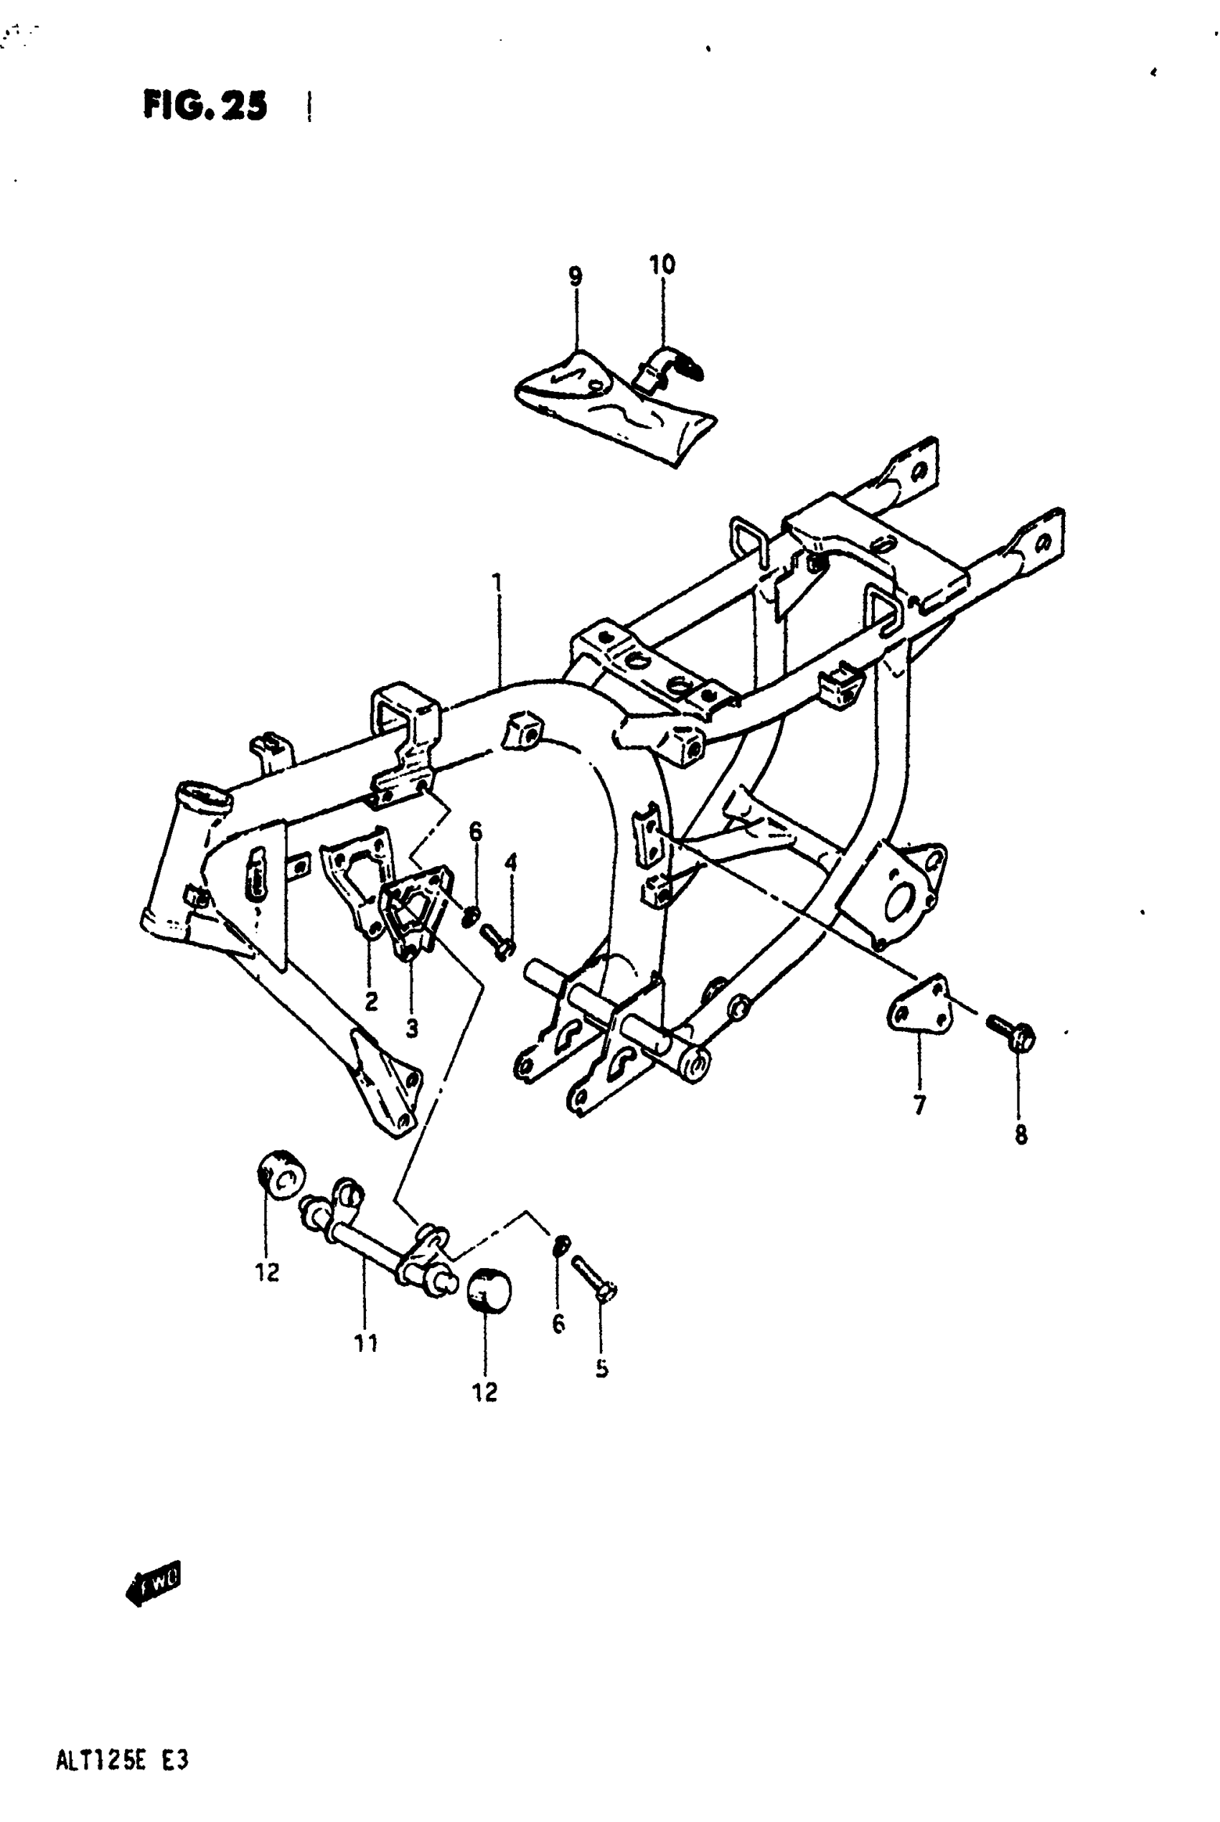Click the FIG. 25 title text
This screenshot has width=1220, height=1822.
[205, 105]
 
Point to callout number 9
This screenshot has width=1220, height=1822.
[575, 276]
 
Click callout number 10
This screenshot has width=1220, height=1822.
[663, 265]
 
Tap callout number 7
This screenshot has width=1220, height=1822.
[920, 1104]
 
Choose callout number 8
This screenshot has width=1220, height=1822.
[1020, 1135]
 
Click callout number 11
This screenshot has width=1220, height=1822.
[366, 1343]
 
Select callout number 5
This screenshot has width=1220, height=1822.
[602, 1368]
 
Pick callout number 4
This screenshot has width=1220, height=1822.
[510, 862]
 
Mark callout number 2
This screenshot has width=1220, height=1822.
[371, 1002]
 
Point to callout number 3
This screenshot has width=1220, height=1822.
[412, 1028]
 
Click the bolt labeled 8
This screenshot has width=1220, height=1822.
[1010, 1033]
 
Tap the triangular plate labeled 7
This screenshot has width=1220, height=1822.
[919, 1008]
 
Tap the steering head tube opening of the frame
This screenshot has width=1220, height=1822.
[204, 795]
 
